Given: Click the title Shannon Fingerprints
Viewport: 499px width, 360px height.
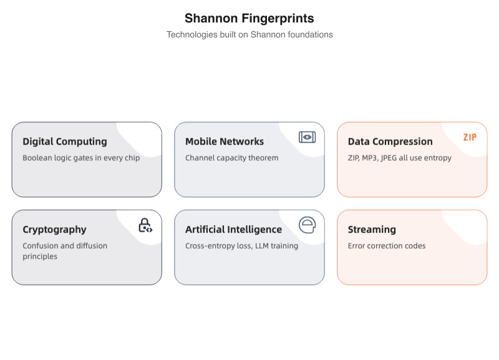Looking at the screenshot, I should tap(249, 18).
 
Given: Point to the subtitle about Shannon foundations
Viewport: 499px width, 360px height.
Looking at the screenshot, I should tap(249, 35).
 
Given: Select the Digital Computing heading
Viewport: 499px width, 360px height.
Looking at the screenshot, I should tap(65, 142).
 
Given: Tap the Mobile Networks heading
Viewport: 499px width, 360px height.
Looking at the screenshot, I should tap(225, 142).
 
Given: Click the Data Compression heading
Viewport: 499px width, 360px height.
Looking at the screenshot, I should tap(390, 142).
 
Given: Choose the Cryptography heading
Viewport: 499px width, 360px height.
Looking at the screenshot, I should tap(54, 230).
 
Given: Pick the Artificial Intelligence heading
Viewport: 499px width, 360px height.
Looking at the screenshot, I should tap(233, 230).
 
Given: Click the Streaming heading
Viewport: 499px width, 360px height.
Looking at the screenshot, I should tap(372, 230).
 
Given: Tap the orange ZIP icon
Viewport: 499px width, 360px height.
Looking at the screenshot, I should tap(470, 137).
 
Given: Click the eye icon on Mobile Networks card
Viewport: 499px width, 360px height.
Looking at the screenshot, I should tap(307, 137).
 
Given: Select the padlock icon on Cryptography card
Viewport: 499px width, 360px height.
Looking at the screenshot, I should tap(145, 225).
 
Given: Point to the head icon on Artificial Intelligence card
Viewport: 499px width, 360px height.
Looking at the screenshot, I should tap(307, 225).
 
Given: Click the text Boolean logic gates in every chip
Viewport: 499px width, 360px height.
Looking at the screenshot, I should tap(81, 158).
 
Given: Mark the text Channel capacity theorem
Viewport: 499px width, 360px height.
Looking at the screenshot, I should tap(231, 158).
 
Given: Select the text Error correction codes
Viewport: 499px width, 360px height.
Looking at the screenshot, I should tap(387, 246).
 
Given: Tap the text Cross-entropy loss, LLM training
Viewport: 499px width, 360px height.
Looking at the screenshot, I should tap(241, 246).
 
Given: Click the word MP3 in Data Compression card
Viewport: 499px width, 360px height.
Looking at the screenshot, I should tap(371, 158).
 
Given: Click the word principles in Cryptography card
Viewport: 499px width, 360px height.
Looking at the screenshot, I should tap(40, 256).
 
